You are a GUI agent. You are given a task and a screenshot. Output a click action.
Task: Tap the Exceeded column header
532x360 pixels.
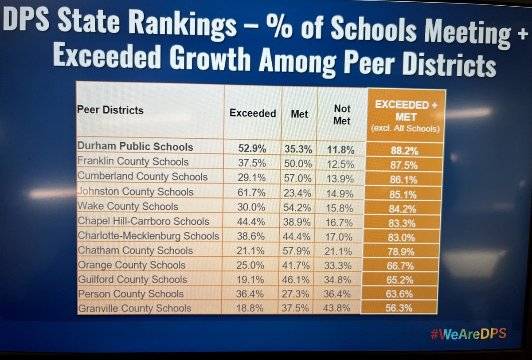click(253, 113)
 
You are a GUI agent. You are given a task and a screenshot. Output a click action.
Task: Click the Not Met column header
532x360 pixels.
click(342, 114)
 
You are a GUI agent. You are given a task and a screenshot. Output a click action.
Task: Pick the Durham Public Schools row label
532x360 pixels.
click(135, 147)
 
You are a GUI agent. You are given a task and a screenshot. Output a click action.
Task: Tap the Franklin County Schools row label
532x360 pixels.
click(133, 162)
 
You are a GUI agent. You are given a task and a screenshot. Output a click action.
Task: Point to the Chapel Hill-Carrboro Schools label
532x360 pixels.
click(143, 221)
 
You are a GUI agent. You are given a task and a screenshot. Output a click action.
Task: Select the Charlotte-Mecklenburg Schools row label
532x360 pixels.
click(148, 235)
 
